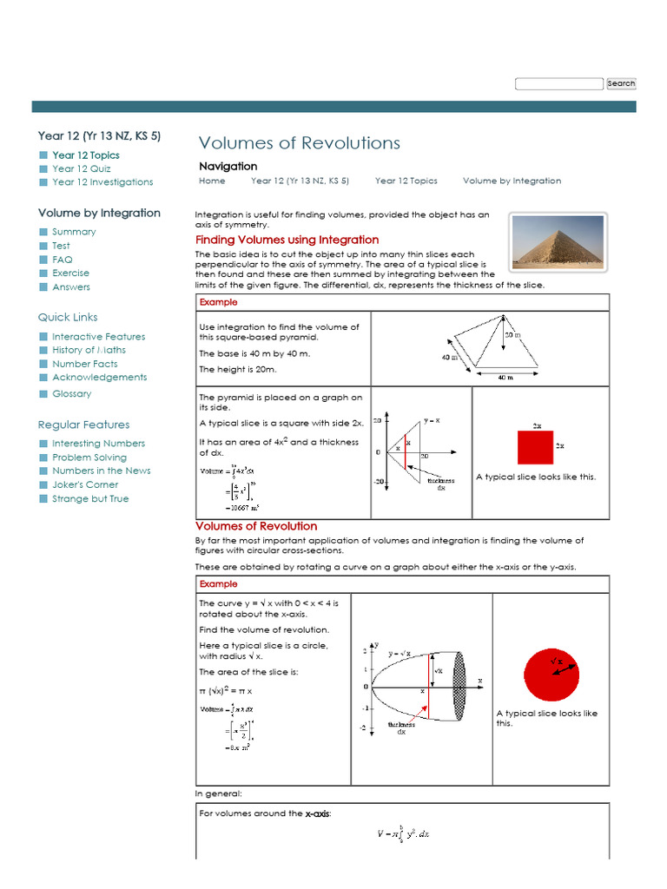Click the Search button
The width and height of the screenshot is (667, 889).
click(621, 83)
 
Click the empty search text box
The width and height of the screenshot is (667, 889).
click(558, 83)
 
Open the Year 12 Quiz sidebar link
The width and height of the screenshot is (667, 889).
click(81, 168)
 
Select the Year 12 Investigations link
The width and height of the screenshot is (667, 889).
click(102, 182)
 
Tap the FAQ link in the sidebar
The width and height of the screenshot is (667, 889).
click(63, 260)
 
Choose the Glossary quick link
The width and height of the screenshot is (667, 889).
click(71, 394)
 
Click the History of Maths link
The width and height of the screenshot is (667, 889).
click(89, 350)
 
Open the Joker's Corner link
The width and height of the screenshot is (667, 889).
click(85, 484)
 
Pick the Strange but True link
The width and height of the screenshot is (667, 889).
click(90, 499)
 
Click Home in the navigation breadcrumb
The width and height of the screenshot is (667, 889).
click(212, 181)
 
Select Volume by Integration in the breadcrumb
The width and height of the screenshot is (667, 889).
click(512, 181)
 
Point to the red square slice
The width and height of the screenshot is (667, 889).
click(535, 447)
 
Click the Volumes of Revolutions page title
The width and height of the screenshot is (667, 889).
click(300, 143)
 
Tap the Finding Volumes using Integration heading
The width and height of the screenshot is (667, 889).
click(287, 240)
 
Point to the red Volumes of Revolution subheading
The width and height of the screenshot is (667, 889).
click(256, 526)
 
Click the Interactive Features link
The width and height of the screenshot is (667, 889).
click(98, 337)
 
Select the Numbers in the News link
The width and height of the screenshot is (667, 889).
click(101, 471)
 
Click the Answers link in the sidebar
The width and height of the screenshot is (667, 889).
click(71, 287)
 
